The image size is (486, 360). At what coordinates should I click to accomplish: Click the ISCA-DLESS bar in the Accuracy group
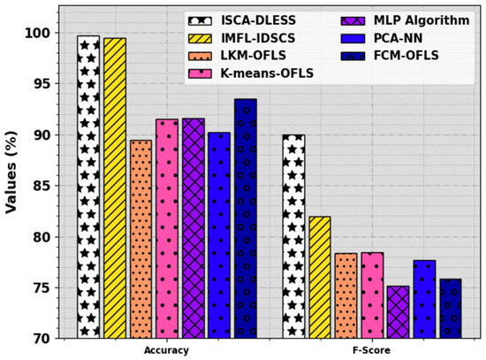(x=88, y=187)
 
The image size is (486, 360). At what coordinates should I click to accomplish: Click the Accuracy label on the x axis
(x=166, y=351)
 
